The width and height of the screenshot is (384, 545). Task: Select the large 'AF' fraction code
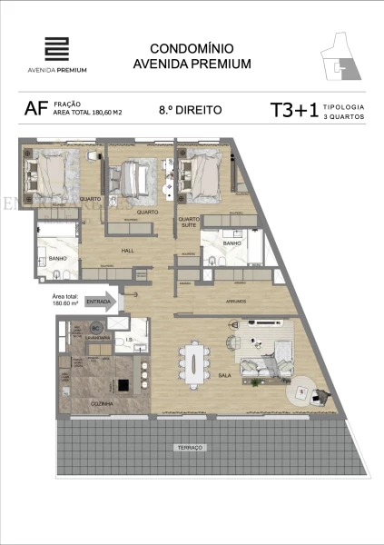(37, 111)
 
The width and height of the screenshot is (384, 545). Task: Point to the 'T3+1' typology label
(293, 111)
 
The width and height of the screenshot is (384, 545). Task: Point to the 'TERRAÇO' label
(191, 448)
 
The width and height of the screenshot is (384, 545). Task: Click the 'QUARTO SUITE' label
(188, 222)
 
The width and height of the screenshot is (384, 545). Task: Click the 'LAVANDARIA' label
(99, 337)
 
